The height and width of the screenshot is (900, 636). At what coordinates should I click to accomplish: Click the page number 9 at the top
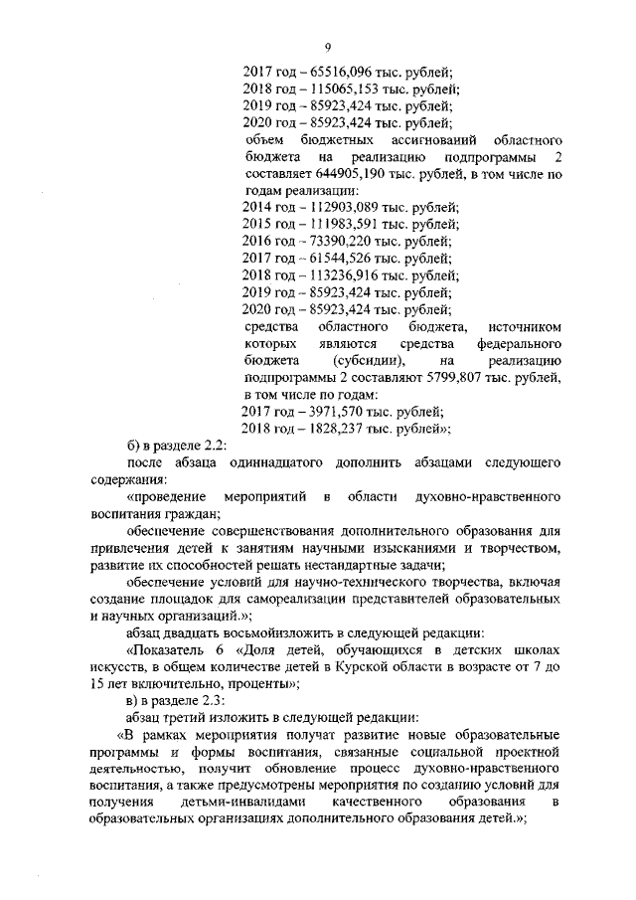tap(326, 46)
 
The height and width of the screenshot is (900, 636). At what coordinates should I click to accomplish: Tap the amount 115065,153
tap(348, 89)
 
